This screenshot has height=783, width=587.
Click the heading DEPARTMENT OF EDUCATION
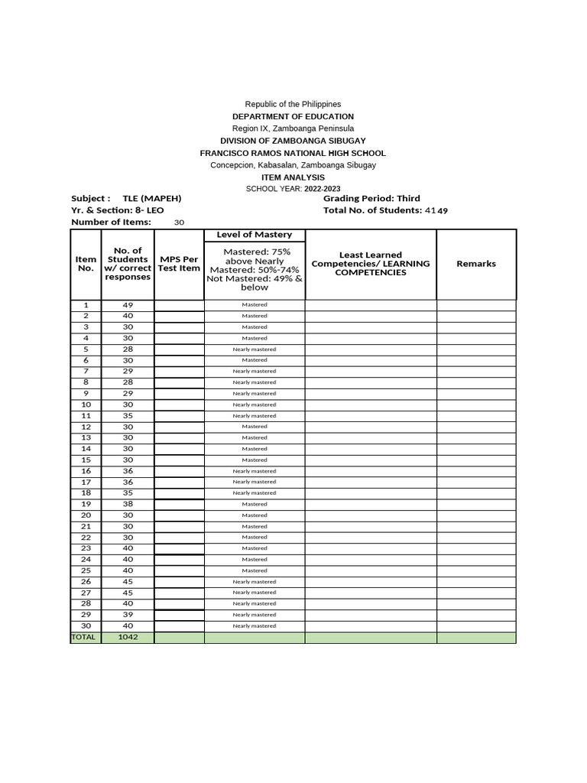pyautogui.click(x=293, y=116)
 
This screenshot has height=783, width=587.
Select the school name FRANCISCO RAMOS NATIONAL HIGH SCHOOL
pyautogui.click(x=293, y=153)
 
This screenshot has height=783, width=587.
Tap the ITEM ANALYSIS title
pyautogui.click(x=293, y=177)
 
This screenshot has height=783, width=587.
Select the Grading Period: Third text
pyautogui.click(x=371, y=198)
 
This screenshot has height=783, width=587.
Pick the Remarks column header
pyautogui.click(x=476, y=263)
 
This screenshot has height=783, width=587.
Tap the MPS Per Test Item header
pyautogui.click(x=179, y=264)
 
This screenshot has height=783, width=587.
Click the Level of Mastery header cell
pyautogui.click(x=255, y=235)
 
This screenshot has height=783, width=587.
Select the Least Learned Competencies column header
pyautogui.click(x=371, y=264)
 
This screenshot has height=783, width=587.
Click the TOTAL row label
pyautogui.click(x=84, y=637)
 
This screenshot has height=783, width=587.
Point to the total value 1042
pyautogui.click(x=128, y=637)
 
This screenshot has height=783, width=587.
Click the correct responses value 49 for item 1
pyautogui.click(x=128, y=304)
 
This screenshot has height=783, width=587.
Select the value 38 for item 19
pyautogui.click(x=128, y=504)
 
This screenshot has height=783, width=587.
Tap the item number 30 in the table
pyautogui.click(x=86, y=625)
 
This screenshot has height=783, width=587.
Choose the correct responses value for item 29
pyautogui.click(x=128, y=615)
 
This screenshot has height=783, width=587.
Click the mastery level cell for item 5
pyautogui.click(x=255, y=349)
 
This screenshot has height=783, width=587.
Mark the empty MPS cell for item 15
pyautogui.click(x=179, y=460)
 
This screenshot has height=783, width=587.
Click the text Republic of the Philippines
pyautogui.click(x=293, y=104)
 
